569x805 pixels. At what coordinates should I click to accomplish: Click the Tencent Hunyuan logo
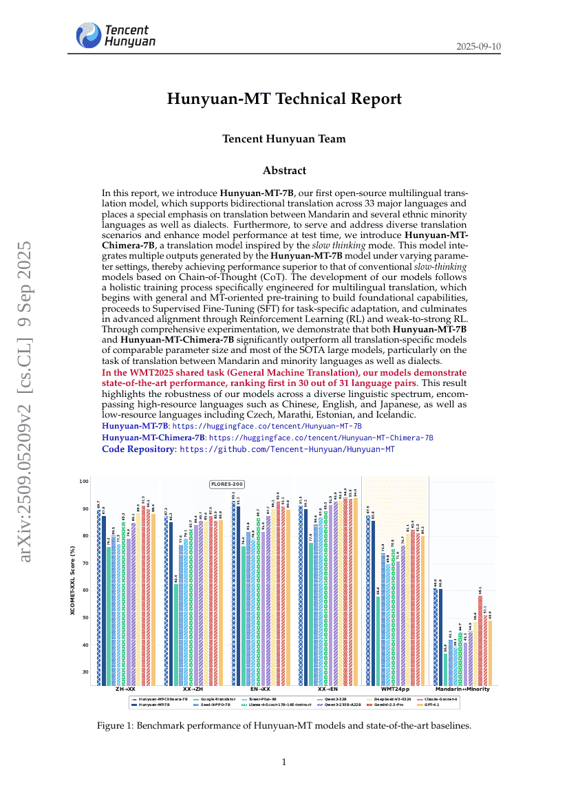click(x=116, y=35)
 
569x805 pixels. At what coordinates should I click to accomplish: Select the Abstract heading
click(x=284, y=171)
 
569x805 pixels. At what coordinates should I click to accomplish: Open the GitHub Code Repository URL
click(x=287, y=449)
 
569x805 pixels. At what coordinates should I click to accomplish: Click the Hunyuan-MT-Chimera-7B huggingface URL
click(x=321, y=438)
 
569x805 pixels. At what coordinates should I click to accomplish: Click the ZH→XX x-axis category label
click(x=125, y=689)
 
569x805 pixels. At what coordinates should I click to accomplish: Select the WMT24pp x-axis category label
click(x=395, y=689)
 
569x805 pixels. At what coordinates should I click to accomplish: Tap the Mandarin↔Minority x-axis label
click(x=462, y=689)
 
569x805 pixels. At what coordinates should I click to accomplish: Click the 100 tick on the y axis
click(x=84, y=481)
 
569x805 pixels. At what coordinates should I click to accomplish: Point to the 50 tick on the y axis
click(x=84, y=617)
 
